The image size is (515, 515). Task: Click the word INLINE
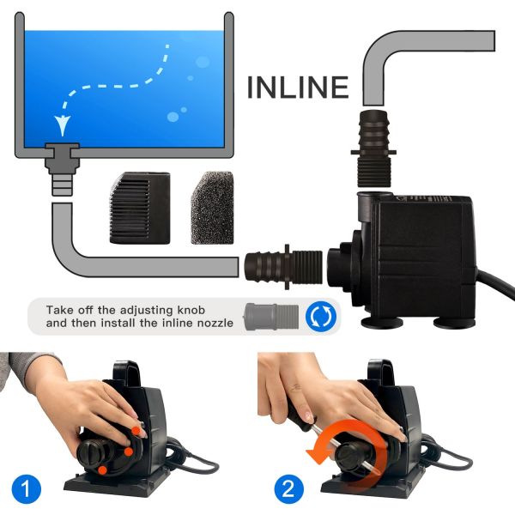pyautogui.click(x=298, y=87)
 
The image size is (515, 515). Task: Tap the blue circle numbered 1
pyautogui.click(x=27, y=489)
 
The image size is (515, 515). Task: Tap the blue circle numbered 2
pyautogui.click(x=289, y=489)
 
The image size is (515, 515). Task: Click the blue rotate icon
pyautogui.click(x=321, y=316)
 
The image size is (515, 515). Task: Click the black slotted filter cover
pyautogui.click(x=140, y=208)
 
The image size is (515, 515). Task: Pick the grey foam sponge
pyautogui.click(x=212, y=208)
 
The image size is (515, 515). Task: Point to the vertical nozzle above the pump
pyautogui.click(x=373, y=148)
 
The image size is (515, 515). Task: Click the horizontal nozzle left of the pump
pyautogui.click(x=284, y=267)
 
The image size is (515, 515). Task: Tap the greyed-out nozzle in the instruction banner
pyautogui.click(x=271, y=316)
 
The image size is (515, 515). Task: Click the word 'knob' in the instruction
pyautogui.click(x=191, y=310)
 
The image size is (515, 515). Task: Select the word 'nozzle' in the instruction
pyautogui.click(x=215, y=324)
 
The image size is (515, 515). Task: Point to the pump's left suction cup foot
pyautogui.click(x=383, y=322)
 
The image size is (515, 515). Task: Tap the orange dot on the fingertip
pyautogui.click(x=136, y=430)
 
